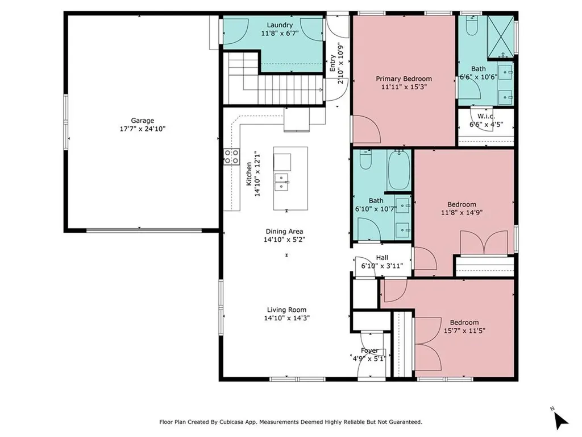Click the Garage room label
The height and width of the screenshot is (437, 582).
142,121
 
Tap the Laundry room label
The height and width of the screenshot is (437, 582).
280,25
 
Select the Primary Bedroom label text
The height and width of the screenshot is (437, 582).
404,79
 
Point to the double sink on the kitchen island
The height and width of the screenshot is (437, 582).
282,182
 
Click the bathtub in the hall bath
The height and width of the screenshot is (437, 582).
399,170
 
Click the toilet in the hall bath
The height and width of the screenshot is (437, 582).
365,159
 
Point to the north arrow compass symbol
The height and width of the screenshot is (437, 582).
560,419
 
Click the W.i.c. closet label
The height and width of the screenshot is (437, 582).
487,116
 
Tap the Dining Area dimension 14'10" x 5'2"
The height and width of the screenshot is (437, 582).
284,240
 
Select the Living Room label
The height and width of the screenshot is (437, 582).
286,310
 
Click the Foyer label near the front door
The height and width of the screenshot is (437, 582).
369,351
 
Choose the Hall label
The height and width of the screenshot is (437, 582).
382,258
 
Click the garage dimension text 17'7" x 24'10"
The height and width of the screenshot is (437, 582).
142,129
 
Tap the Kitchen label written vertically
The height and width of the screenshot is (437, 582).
249,174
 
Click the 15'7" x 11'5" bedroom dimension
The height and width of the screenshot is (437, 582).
464,331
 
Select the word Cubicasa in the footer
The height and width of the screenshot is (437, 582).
232,422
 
